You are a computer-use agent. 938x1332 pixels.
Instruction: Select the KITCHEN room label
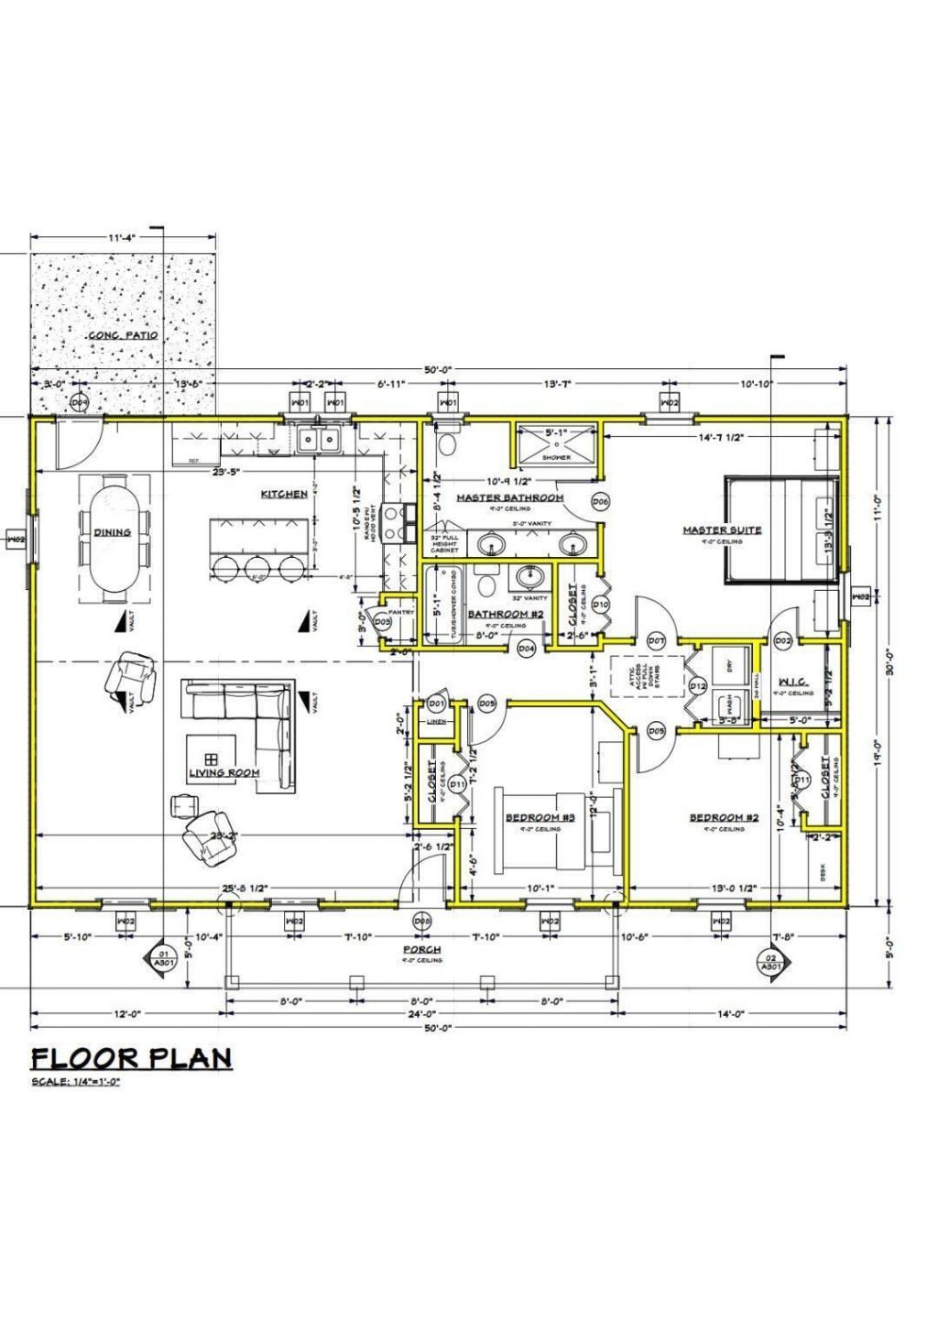tap(284, 494)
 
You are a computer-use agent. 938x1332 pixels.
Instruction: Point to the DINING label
tap(112, 532)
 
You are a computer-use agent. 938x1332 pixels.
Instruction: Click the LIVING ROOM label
tap(224, 772)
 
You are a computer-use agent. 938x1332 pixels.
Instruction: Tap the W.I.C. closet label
tap(792, 682)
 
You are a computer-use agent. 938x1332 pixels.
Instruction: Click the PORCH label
tap(421, 949)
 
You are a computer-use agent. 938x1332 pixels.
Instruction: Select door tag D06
tap(601, 501)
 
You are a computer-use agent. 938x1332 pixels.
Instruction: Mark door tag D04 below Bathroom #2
tap(526, 649)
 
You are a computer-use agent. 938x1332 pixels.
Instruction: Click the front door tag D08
tap(421, 920)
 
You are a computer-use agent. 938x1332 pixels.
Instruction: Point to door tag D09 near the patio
tap(80, 403)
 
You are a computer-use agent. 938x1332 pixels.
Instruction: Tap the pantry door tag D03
tap(383, 622)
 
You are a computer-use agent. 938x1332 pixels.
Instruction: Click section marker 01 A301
tap(163, 959)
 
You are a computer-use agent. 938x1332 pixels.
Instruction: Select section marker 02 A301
tap(770, 961)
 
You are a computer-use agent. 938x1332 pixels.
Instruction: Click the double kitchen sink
tap(319, 441)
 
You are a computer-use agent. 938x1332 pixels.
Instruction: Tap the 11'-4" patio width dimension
tap(122, 238)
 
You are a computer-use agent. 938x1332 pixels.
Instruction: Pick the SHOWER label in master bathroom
tap(556, 457)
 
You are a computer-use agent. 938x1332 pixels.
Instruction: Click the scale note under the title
tap(76, 1082)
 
